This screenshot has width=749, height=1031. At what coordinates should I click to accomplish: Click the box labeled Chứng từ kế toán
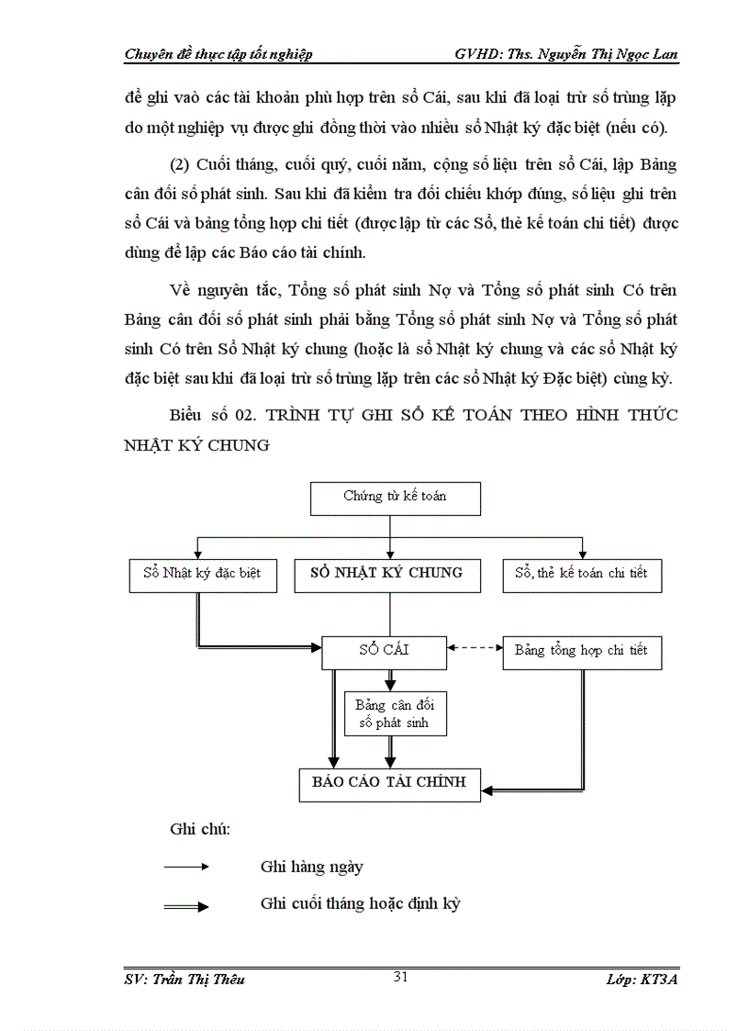396,497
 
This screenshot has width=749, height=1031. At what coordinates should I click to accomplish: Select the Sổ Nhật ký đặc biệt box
202,574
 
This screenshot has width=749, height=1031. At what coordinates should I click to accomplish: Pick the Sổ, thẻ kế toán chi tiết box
581,574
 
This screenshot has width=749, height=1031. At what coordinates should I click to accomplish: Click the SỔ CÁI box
384,651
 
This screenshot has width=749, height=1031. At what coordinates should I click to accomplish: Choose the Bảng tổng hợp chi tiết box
581,651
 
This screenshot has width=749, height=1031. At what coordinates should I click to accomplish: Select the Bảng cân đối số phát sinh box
395,713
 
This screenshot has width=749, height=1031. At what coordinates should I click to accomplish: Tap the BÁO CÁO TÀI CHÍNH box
389,783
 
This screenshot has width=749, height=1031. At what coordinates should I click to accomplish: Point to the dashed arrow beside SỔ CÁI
475,648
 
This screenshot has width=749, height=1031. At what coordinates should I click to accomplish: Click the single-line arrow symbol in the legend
186,866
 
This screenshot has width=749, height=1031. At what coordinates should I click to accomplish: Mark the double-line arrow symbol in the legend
186,906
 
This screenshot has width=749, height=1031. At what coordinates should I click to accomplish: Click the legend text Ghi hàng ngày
312,866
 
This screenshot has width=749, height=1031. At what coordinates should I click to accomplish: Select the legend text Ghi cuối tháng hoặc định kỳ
360,903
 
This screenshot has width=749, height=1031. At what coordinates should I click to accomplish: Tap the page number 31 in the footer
400,977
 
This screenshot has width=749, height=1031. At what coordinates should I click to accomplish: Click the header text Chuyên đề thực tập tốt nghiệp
218,54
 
